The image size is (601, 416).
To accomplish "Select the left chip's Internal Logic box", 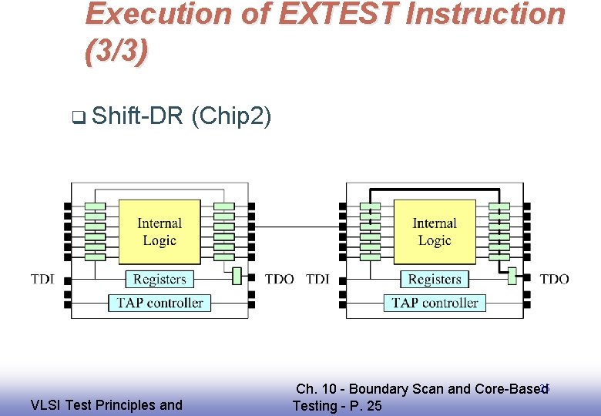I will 159,232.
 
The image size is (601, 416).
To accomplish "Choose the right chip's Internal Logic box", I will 435,232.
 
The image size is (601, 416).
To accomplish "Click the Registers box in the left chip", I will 159,279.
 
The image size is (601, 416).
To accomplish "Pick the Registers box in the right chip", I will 435,279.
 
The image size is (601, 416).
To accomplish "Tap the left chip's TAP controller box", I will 159,303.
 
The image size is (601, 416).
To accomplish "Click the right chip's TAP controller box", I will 435,303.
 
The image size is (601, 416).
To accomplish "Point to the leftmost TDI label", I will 43,279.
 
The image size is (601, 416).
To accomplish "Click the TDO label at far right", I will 554,279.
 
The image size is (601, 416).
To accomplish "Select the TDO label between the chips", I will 279,279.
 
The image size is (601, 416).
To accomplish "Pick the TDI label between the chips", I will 317,279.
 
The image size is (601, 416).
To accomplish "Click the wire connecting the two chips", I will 297,227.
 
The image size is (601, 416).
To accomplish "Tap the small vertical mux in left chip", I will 237,276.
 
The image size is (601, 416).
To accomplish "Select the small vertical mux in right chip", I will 512,276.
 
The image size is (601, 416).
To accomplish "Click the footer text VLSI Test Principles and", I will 106,405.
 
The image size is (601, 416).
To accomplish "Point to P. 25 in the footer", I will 364,406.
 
